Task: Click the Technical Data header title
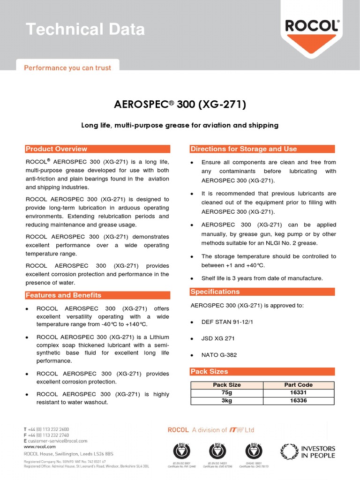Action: pos(85,30)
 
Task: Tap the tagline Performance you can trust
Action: pos(67,68)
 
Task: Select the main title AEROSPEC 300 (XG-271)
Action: pos(180,105)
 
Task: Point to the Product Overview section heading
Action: pos(56,149)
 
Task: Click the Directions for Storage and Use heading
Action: pos(243,149)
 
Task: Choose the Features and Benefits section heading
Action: pos(63,295)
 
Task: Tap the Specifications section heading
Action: pos(215,292)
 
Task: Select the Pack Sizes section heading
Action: pos(209,372)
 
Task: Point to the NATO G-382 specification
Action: pos(219,355)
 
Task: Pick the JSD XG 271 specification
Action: pos(218,338)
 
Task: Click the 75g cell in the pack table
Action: pos(227,393)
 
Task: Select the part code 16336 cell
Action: pos(299,401)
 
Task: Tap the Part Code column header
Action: pos(299,385)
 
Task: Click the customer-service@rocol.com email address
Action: pos(58,441)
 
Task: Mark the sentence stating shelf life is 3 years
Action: pos(262,278)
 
